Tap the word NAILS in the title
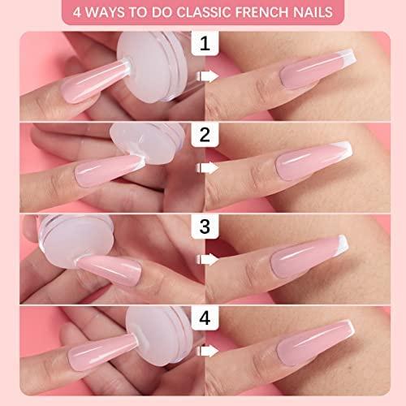point(309,12)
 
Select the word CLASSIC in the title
point(205,12)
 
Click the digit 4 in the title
point(77,12)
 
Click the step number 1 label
point(205,43)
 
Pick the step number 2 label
point(205,135)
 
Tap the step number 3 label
point(205,227)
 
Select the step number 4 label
point(205,317)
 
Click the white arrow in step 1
point(207,76)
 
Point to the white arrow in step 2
point(207,168)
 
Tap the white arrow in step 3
point(207,260)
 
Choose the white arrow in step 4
point(207,351)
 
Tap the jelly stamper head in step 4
point(160,337)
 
